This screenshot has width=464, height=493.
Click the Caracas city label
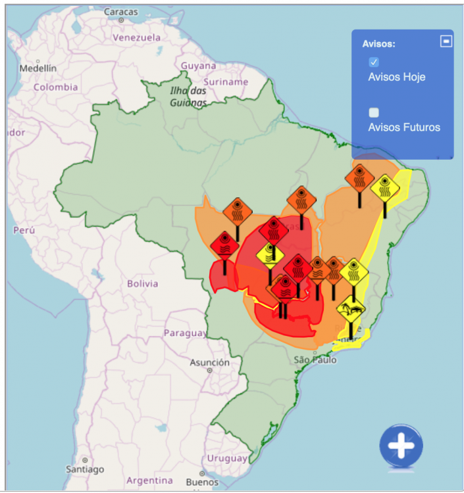tap(121, 12)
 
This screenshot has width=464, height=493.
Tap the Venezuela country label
tap(136, 37)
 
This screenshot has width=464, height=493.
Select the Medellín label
tap(38, 68)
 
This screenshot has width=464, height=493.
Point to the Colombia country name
tap(56, 87)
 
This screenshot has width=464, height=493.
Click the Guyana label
tap(198, 66)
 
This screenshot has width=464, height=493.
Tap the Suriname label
tap(226, 82)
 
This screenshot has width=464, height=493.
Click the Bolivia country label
tap(143, 284)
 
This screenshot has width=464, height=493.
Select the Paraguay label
tap(185, 333)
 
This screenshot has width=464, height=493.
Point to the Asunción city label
tap(210, 362)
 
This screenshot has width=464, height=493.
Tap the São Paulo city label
tap(315, 360)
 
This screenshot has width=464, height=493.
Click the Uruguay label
tap(227, 458)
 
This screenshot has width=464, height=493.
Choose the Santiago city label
tap(85, 469)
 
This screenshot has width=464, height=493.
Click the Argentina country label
tap(149, 481)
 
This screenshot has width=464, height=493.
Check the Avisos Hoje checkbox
tap(374, 62)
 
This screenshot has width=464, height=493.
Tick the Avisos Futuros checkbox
tap(374, 112)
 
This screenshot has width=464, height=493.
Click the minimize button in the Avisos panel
tap(446, 41)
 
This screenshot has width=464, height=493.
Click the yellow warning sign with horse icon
tap(351, 308)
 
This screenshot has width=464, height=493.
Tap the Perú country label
tap(23, 231)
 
